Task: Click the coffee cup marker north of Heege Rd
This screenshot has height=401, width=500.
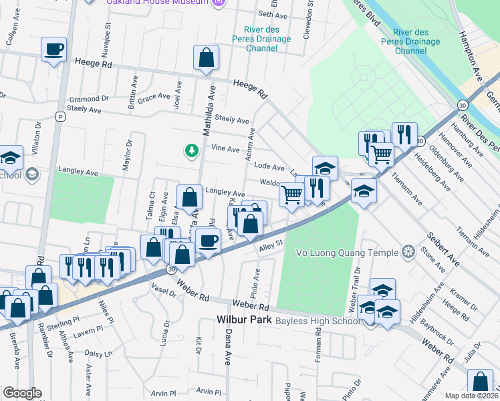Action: tap(53, 49)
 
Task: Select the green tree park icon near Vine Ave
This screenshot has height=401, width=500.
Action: tap(193, 150)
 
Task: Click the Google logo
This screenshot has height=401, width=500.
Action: tap(21, 393)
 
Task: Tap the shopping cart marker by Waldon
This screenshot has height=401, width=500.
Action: tap(291, 194)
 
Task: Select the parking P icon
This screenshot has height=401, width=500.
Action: tap(60, 116)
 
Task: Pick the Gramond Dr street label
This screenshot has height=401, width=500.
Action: tap(84, 98)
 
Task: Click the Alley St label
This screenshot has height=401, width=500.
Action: tap(271, 247)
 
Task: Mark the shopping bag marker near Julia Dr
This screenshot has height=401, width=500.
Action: tap(481, 383)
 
